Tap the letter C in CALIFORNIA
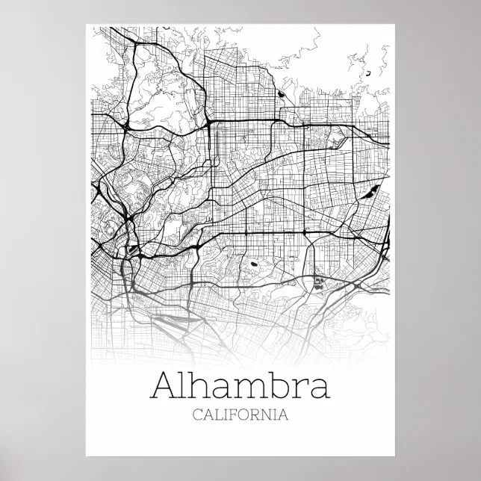[x=196, y=415]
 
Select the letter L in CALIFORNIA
[x=219, y=415]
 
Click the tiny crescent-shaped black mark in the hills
[x=367, y=74]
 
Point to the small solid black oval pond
[x=253, y=263]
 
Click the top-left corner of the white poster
[x=87, y=25]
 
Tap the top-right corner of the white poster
[x=395, y=25]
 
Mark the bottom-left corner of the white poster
[x=87, y=456]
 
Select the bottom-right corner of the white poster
[x=395, y=456]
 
